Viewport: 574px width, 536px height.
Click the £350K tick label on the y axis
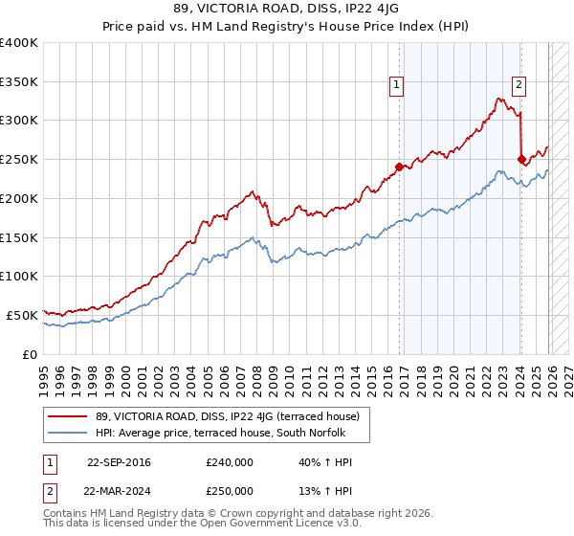(x=19, y=81)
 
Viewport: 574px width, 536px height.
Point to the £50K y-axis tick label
(x=22, y=315)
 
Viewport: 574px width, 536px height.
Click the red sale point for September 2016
(x=399, y=167)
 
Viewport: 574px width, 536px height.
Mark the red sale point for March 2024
(x=521, y=159)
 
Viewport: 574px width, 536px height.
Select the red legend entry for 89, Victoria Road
(x=220, y=416)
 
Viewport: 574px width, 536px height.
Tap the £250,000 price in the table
(x=230, y=490)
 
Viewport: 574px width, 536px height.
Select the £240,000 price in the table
(x=230, y=462)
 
